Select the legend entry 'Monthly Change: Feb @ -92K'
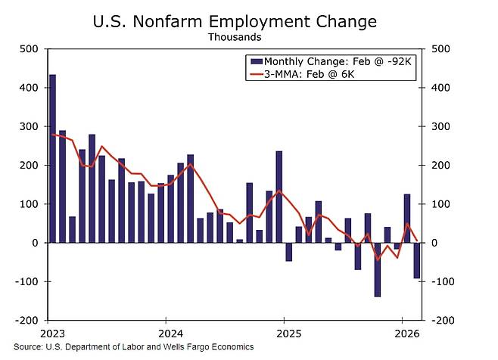(x=333, y=60)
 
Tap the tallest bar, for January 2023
(x=52, y=159)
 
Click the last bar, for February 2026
(x=416, y=260)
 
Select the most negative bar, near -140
(x=377, y=269)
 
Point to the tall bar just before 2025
(x=279, y=197)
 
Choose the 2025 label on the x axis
(x=286, y=333)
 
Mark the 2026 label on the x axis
(x=406, y=333)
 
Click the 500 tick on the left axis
(x=29, y=49)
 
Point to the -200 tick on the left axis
(x=26, y=320)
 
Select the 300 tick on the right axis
(x=441, y=126)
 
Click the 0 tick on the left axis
(x=33, y=243)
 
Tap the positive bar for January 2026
(x=406, y=219)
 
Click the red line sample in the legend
(x=254, y=74)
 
